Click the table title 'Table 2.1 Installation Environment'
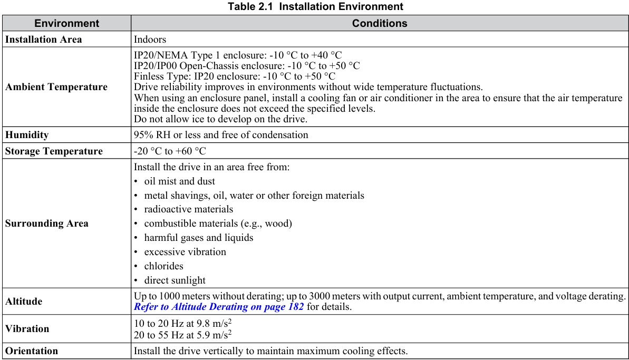coord(315,7)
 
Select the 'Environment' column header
coord(66,23)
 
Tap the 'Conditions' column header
coord(380,23)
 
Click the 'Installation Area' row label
coord(44,40)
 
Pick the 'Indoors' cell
coord(150,40)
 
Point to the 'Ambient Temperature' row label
coord(56,87)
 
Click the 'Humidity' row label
coord(27,135)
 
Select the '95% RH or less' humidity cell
coord(221,135)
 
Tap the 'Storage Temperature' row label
coord(54,151)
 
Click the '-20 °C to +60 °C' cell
coord(170,151)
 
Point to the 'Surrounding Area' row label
coord(47,223)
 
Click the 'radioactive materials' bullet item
coord(188,209)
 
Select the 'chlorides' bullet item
coord(163,266)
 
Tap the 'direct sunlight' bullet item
coord(175,280)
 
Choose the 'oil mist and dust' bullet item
coord(179,181)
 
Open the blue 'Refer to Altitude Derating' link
coord(219,307)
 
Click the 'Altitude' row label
coord(24,301)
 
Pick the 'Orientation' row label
coord(32,351)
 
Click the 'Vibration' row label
coord(27,329)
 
